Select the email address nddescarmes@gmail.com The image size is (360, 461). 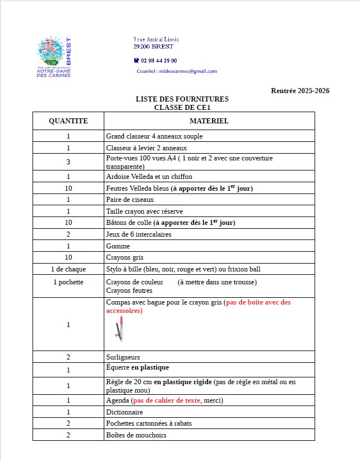point(188,71)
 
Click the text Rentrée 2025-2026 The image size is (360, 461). point(300,90)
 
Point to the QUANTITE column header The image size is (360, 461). point(68,121)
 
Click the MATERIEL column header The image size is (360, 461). point(209,121)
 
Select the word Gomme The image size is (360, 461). point(118,246)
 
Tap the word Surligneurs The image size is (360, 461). point(123,357)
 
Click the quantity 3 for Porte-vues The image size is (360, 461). point(68,162)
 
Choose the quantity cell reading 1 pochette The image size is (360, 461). point(68,282)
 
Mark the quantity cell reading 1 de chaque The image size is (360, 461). point(68,269)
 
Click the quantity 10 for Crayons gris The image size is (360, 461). point(68,257)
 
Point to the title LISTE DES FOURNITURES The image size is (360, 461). point(182,99)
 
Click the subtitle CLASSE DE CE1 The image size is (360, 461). point(182,107)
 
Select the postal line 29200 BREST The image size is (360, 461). point(154,47)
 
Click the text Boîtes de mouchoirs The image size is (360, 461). point(136,435)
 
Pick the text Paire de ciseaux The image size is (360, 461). point(130,200)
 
